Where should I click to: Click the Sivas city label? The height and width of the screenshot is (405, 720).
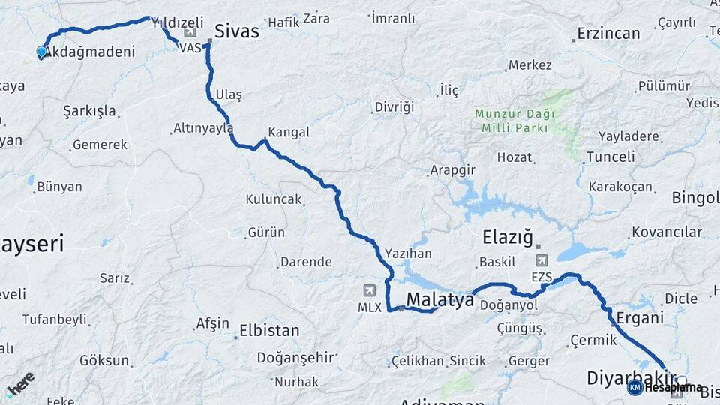[236, 31]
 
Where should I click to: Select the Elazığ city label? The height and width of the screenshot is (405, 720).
[506, 238]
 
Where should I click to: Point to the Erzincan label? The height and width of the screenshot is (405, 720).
[608, 34]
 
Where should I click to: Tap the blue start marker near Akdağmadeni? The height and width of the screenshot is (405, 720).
[41, 52]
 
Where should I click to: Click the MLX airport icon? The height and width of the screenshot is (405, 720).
[369, 290]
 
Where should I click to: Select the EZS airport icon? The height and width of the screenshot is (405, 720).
[541, 260]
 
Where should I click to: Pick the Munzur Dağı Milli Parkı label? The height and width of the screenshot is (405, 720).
[514, 121]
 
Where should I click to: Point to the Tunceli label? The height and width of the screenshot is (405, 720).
[610, 157]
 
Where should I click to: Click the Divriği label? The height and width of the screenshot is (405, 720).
[394, 107]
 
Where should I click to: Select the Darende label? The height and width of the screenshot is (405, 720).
[305, 262]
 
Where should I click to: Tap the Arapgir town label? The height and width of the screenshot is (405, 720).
[452, 170]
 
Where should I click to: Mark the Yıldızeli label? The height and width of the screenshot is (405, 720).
[178, 23]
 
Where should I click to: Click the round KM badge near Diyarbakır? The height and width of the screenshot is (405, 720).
[634, 387]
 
